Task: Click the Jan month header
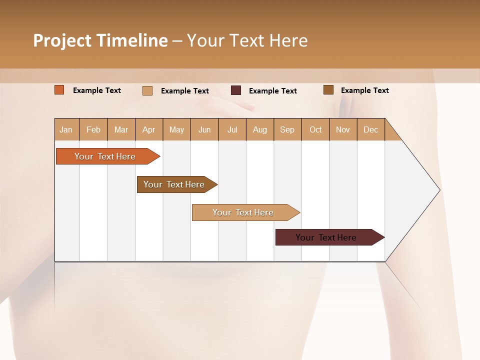tap(66, 129)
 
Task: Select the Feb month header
tap(93, 129)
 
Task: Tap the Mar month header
tap(121, 129)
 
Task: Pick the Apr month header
tap(149, 129)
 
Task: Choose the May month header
tap(176, 129)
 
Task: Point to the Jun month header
tap(204, 129)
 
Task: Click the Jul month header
tap(232, 129)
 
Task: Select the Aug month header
tap(260, 129)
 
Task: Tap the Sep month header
tap(287, 129)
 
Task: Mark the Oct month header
tap(315, 129)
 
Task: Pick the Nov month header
tap(343, 129)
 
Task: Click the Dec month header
tap(371, 129)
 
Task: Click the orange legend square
tap(59, 90)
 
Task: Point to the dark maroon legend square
tap(236, 90)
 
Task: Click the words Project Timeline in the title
tap(100, 40)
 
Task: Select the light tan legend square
tap(147, 90)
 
